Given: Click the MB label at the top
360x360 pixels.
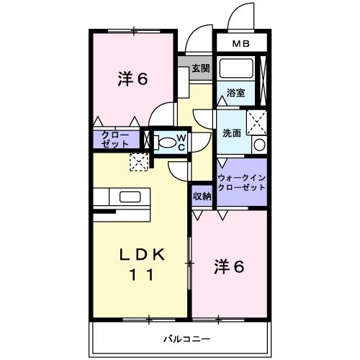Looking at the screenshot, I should [241, 44].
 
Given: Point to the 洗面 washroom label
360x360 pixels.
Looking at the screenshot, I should [230, 132].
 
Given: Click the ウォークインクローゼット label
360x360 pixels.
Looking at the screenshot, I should [242, 182].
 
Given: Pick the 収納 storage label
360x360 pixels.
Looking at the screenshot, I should [202, 195].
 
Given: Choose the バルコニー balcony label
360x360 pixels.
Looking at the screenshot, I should [186, 338].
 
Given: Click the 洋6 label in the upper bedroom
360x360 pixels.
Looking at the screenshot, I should [132, 79].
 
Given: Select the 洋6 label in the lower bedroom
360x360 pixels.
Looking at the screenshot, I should [228, 266].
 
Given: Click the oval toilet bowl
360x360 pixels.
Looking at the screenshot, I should [167, 142].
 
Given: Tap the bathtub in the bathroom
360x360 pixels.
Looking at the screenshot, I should [235, 70].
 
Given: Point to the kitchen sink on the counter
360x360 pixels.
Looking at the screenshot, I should [130, 197].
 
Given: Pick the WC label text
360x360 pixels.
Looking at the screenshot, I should [181, 141].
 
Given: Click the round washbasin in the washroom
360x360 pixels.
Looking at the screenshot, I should [259, 145].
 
